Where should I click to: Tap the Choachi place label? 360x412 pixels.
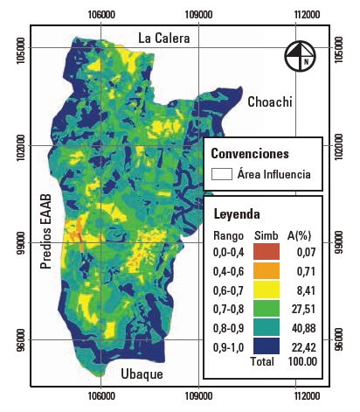coord(269,101)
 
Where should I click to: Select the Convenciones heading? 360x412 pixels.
coord(250,153)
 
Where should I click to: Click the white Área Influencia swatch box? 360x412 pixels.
coord(220,174)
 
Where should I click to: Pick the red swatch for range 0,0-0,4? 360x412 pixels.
coord(268,252)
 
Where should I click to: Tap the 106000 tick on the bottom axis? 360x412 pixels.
coord(101,395)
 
